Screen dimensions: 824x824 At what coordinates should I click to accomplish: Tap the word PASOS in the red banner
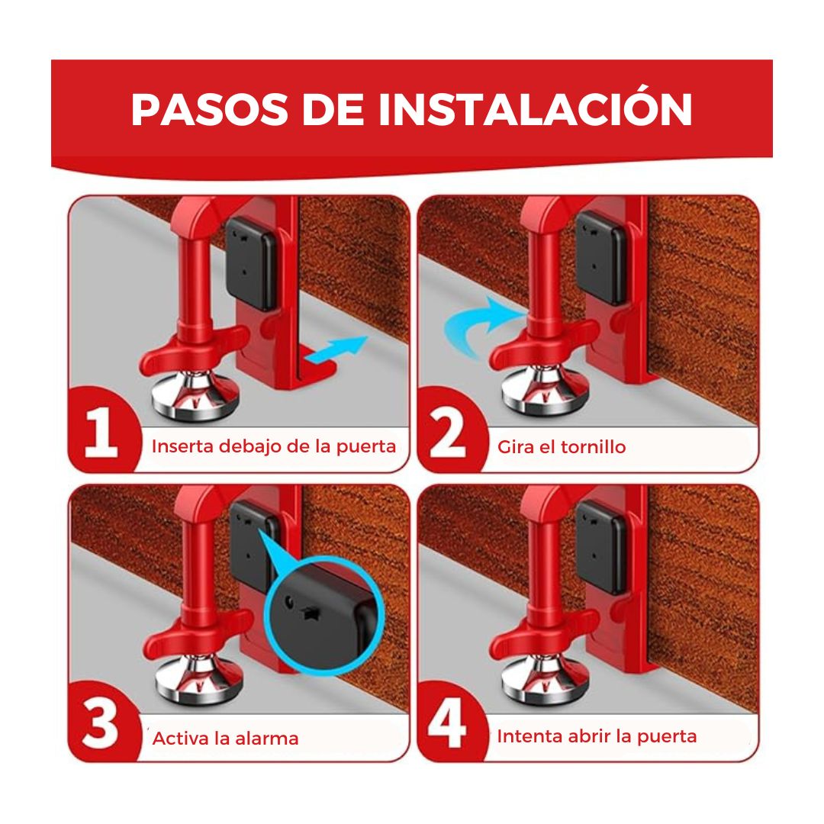pyautogui.click(x=209, y=109)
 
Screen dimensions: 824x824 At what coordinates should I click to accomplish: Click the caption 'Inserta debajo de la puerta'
pyautogui.click(x=274, y=446)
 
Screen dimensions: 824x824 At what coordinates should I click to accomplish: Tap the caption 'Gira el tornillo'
pyautogui.click(x=562, y=446)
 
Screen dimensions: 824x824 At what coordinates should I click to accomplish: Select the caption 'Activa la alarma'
pyautogui.click(x=225, y=739)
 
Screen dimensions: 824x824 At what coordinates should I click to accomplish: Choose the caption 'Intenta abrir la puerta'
pyautogui.click(x=597, y=736)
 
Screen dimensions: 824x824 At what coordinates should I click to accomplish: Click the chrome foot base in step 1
pyautogui.click(x=195, y=395)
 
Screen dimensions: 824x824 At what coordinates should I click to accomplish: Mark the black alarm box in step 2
pyautogui.click(x=601, y=258)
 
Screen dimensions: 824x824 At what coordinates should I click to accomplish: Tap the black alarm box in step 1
pyautogui.click(x=251, y=262)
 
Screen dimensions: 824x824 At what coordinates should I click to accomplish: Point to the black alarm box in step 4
pyautogui.click(x=601, y=547)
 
